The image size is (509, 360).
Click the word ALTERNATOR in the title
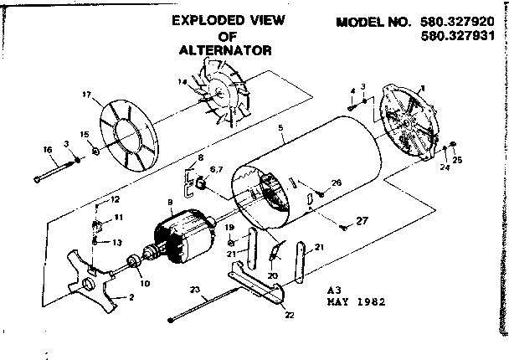pyautogui.click(x=224, y=49)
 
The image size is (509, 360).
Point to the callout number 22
pyautogui.click(x=290, y=316)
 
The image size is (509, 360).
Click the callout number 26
pyautogui.click(x=337, y=183)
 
